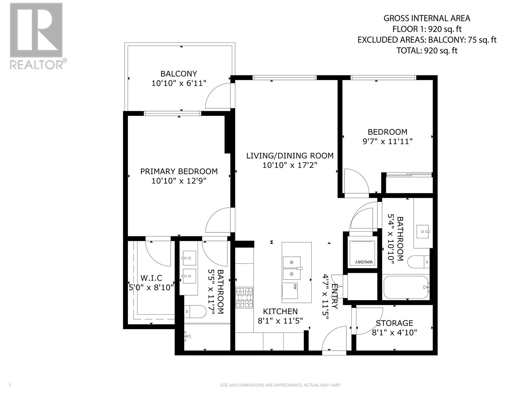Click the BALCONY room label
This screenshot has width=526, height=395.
coord(179,74)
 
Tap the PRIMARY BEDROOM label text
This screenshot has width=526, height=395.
coord(179,171)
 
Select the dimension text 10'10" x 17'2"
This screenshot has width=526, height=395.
coord(290,165)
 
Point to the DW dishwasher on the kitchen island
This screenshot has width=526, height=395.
coord(290,291)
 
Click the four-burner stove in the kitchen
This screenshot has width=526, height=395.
coord(245,298)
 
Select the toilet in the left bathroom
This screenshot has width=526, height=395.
coord(195,311)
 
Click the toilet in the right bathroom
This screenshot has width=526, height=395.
coord(418,262)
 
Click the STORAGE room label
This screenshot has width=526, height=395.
coord(394,323)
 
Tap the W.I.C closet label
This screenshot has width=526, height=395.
coord(151,278)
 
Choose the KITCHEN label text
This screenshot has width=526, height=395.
coord(280,311)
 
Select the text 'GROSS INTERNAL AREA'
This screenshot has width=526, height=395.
coord(427,18)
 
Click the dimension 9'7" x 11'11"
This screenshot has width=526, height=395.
coord(387,141)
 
